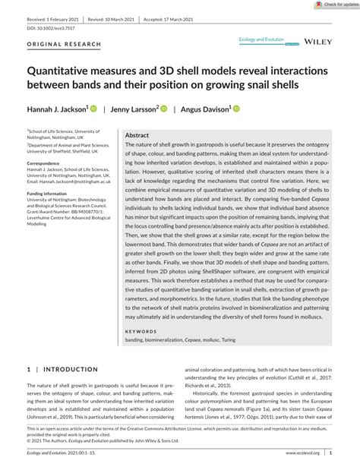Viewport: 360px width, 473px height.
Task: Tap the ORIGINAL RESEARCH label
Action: click(64, 44)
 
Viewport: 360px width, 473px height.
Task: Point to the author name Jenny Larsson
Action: click(134, 109)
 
